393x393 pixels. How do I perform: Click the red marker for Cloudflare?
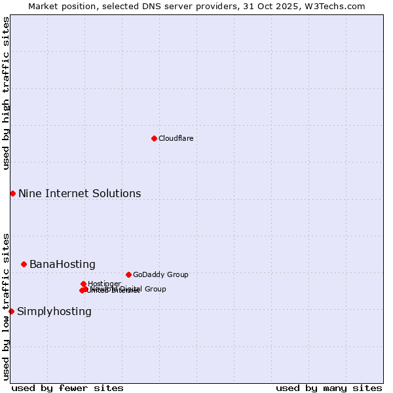point(154,138)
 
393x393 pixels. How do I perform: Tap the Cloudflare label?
point(176,138)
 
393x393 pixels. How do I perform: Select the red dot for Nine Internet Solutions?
point(12,193)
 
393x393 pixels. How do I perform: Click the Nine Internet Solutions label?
point(79,193)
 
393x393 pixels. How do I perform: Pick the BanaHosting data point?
point(24,264)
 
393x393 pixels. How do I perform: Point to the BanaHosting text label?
point(62,264)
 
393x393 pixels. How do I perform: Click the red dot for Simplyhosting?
point(11,311)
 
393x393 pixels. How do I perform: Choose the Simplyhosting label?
point(54,311)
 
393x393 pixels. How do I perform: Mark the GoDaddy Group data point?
point(128,274)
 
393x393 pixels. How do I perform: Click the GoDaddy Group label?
point(160,274)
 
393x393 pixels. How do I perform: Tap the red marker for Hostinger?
point(83,284)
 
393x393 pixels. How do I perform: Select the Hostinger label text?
point(104,284)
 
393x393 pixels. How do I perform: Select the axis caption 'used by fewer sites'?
point(67,388)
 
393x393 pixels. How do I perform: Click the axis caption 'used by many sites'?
point(329,388)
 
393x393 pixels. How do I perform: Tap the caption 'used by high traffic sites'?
point(6,93)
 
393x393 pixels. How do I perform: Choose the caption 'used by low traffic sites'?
point(6,306)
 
